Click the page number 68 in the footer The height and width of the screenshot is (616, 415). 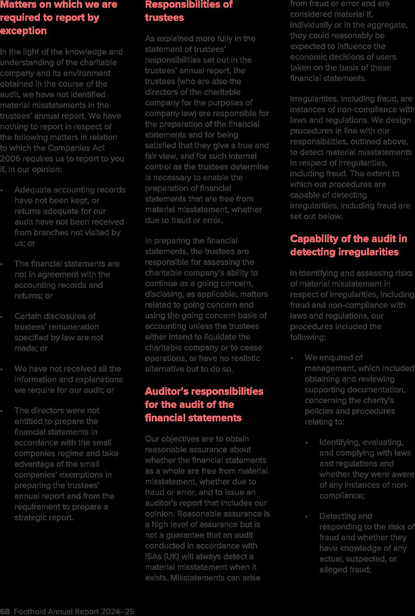tap(5, 612)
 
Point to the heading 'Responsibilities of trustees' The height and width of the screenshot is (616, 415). tap(188, 11)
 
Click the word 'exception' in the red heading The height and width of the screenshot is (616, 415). tap(24, 31)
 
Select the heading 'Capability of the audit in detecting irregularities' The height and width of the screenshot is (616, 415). tap(348, 245)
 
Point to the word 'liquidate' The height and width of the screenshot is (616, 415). tap(222, 337)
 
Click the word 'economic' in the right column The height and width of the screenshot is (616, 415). tap(306, 57)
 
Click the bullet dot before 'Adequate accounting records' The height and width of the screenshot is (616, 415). tap(2, 190)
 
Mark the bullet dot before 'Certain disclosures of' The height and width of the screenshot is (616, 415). tap(2, 316)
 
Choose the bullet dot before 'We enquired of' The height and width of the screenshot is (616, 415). tap(292, 358)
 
